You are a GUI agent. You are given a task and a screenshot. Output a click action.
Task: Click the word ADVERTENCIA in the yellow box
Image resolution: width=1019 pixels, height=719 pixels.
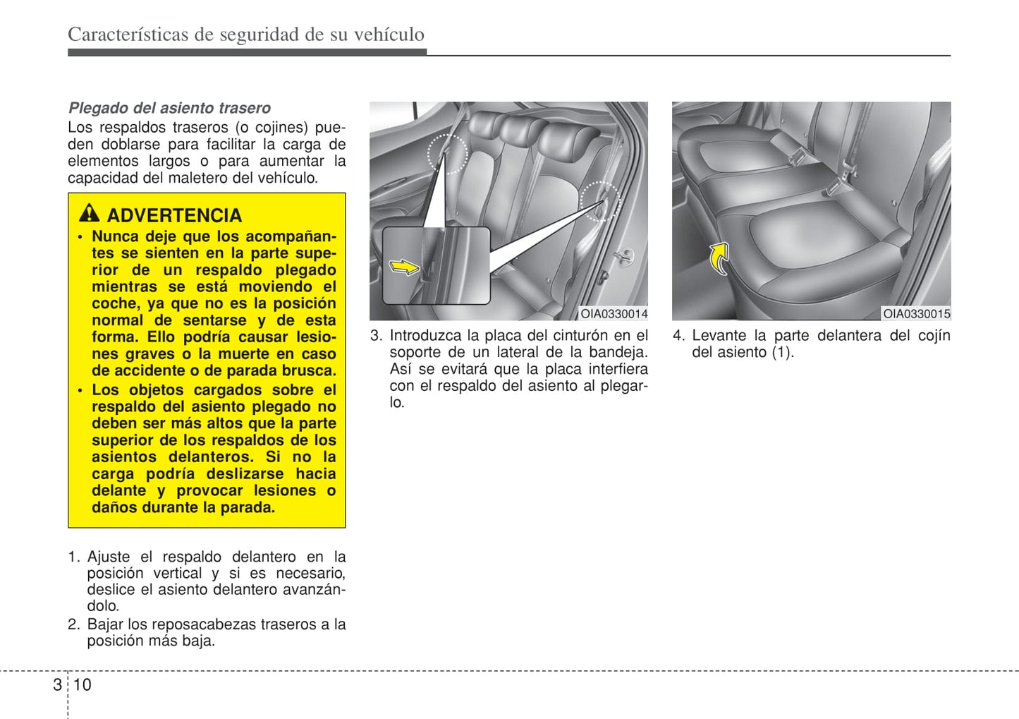tap(174, 215)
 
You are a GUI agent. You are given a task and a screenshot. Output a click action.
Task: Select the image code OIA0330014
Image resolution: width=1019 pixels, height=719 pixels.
tap(614, 314)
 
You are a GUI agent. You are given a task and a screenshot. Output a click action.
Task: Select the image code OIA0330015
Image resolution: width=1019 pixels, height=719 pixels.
tap(916, 314)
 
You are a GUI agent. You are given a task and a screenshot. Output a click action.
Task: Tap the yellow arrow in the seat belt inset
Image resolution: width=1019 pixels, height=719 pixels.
tap(404, 267)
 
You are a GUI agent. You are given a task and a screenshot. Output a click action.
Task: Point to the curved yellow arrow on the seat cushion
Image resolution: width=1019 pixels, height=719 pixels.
tap(719, 257)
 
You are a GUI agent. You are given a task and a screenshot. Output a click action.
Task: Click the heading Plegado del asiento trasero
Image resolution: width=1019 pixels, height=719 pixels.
tap(169, 108)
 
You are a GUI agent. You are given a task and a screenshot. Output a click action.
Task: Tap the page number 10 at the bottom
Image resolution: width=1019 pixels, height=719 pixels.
tap(83, 684)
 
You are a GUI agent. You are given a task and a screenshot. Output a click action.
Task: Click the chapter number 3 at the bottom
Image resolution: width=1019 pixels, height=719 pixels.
tap(57, 684)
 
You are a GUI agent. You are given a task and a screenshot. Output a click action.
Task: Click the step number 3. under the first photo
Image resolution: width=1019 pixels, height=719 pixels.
tap(377, 336)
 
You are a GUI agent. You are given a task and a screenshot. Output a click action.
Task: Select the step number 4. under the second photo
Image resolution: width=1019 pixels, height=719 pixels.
tap(678, 336)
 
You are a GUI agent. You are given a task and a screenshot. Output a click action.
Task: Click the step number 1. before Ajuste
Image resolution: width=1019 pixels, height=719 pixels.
tap(74, 557)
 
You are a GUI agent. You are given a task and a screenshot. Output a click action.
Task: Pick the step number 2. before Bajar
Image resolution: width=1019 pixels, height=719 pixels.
tap(74, 624)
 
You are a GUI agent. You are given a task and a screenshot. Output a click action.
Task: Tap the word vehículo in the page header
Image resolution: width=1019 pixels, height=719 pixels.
tap(390, 35)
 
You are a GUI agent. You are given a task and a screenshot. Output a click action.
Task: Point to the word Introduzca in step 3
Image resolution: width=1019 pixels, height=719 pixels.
tap(425, 336)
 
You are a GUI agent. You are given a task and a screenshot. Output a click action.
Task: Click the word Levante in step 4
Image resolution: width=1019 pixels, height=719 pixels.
tap(719, 336)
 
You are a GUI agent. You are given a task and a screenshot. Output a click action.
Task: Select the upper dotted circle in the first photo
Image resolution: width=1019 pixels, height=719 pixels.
tap(448, 153)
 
